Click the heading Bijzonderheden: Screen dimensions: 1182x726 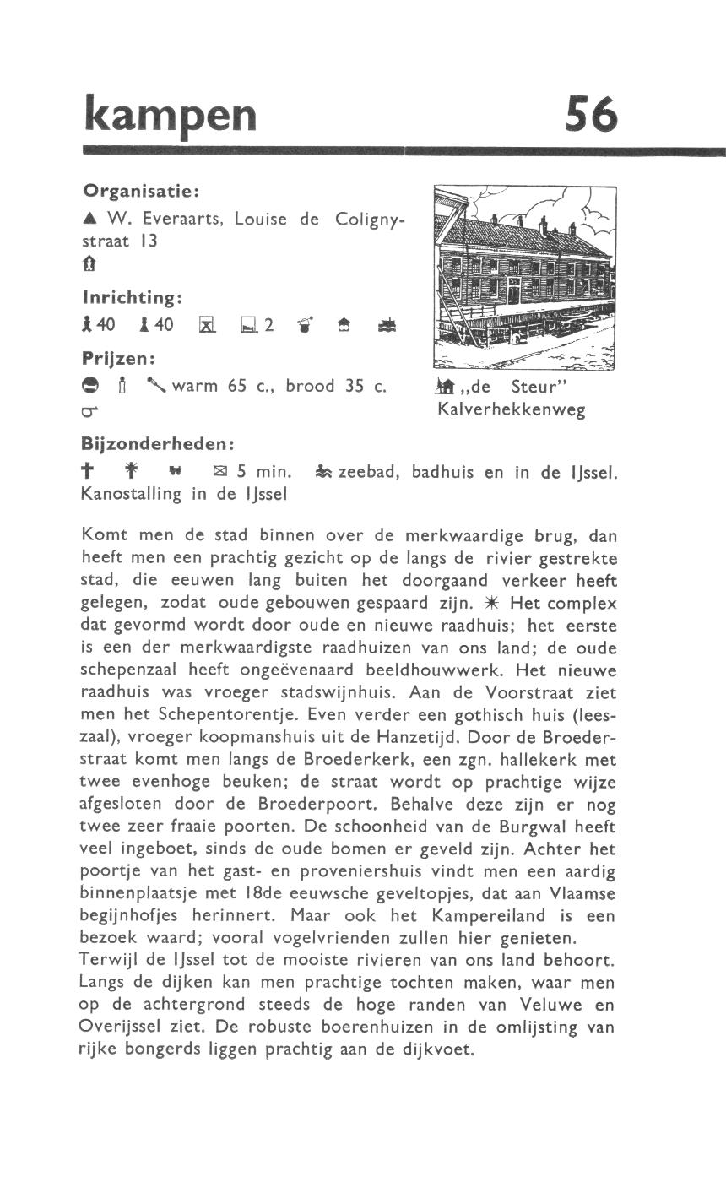[x=158, y=443]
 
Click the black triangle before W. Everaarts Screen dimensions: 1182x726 [x=88, y=220]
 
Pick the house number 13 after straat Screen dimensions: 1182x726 [x=149, y=241]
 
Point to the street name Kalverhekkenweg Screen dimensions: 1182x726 [x=512, y=410]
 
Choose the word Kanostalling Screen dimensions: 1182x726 [x=131, y=495]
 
